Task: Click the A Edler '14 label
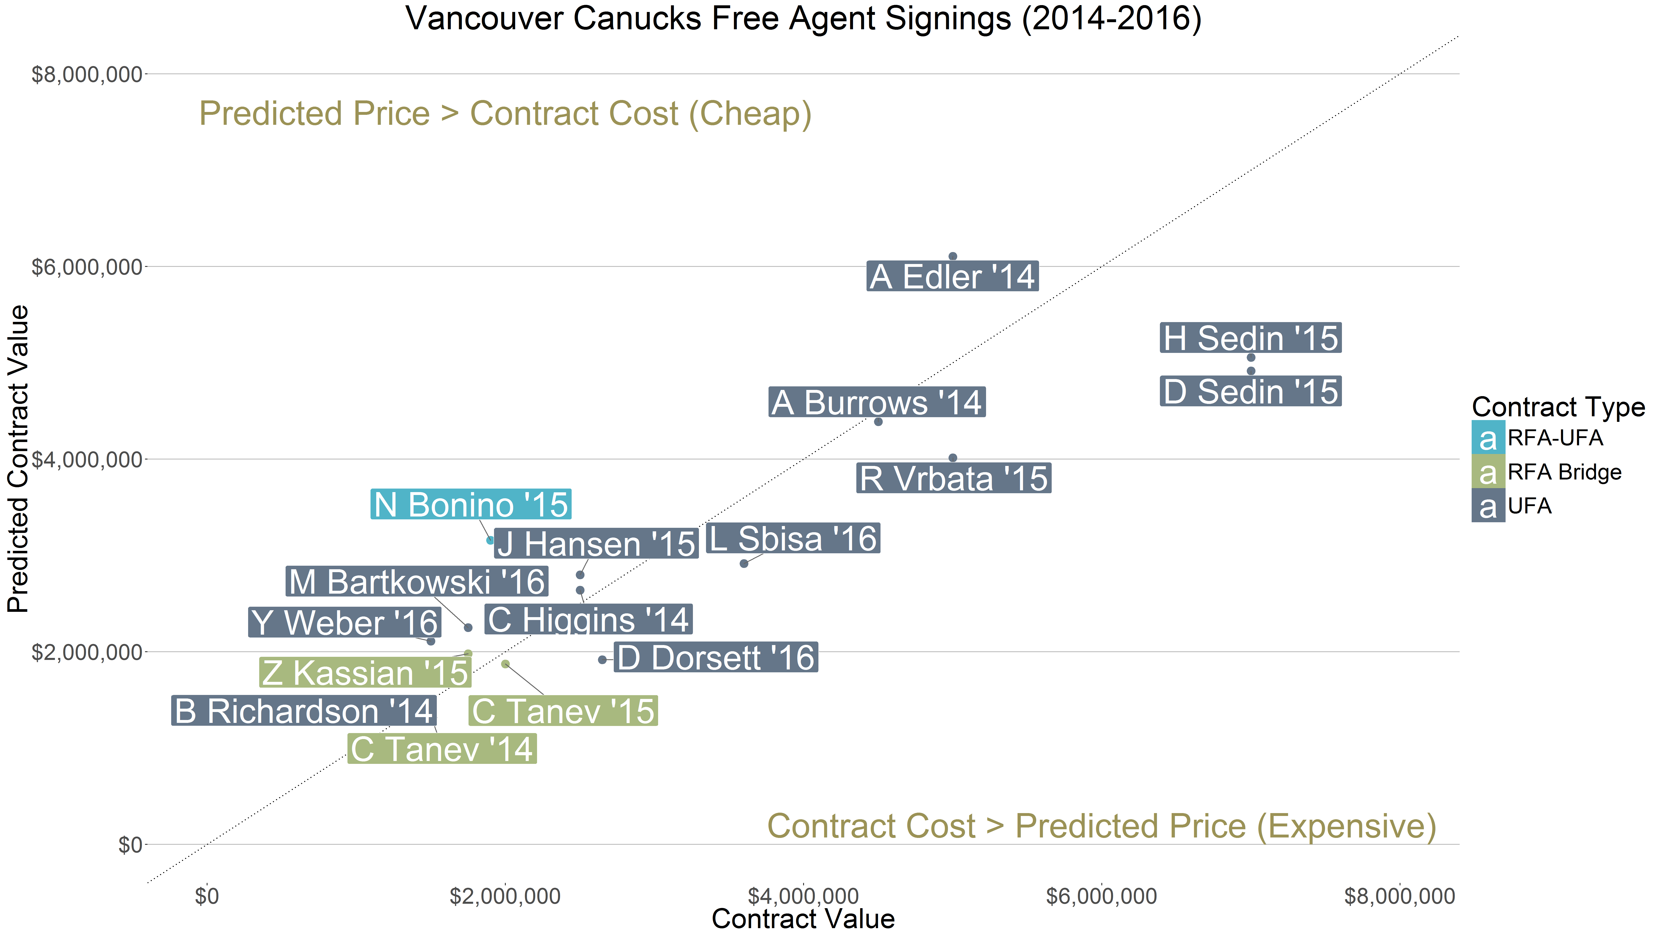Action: (952, 277)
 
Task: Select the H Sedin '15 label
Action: (1251, 338)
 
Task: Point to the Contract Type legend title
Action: (1558, 407)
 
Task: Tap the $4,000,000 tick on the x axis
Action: (803, 896)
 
